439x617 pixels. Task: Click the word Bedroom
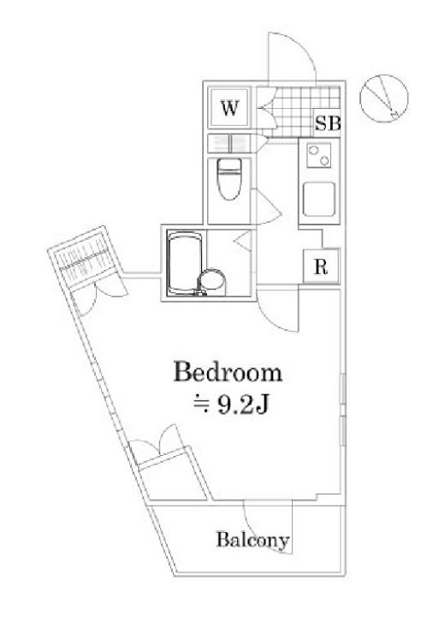pos(228,372)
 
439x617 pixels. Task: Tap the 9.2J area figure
pos(243,404)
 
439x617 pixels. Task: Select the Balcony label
pos(253,540)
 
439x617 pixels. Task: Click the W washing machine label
pos(230,107)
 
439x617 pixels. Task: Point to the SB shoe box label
pos(328,123)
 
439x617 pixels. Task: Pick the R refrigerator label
pos(321,267)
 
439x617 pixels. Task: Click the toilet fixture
pos(229,179)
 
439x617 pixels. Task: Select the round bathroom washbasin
pos(212,281)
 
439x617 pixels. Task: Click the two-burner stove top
pos(318,155)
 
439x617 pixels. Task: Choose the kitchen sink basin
pos(319,199)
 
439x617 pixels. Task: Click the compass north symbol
pos(384,99)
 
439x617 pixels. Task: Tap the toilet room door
pos(269,206)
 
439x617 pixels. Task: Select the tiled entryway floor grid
pos(299,111)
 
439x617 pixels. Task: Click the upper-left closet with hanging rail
pos(83,261)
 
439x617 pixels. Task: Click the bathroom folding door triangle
pos(243,241)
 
